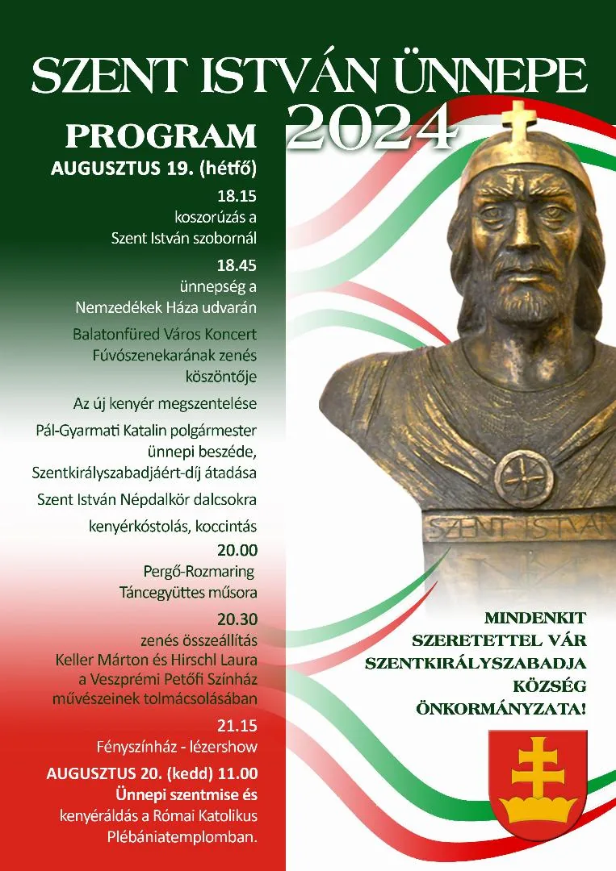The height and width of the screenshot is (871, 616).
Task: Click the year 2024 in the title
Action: (370, 127)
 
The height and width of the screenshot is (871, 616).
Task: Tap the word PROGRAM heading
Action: (161, 136)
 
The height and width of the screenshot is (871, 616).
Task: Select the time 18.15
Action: (237, 196)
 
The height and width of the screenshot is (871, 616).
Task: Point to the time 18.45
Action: (237, 265)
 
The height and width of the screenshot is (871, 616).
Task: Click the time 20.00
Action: (237, 550)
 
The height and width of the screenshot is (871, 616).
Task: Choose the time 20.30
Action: (237, 619)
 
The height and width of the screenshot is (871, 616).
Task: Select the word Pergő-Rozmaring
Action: (199, 572)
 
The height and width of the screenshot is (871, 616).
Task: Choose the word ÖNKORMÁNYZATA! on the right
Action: (500, 708)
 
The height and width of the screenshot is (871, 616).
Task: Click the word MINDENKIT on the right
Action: (534, 619)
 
